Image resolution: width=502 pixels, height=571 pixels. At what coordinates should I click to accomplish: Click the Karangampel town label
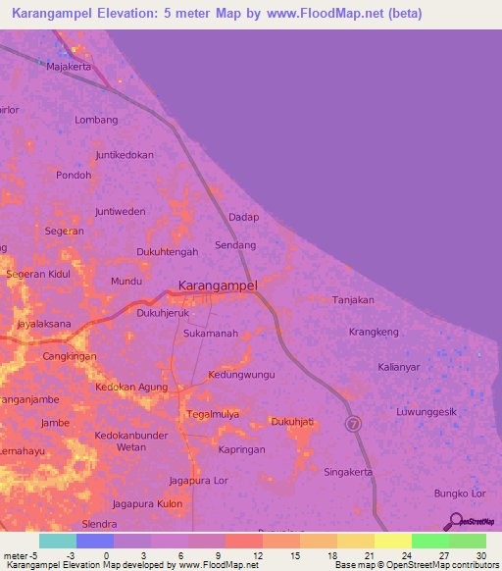[x=218, y=286]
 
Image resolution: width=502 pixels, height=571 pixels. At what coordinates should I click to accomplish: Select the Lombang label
[x=96, y=120]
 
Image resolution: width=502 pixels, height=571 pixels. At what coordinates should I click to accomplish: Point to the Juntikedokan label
[x=125, y=155]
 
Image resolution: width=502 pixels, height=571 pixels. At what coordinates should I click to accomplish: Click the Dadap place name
[x=243, y=217]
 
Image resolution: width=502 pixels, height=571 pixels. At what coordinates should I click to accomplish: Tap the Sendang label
[x=235, y=244]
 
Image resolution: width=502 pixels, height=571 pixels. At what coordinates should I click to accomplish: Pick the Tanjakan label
[x=353, y=300]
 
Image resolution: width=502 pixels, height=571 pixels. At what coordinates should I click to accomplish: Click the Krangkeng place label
[x=374, y=333]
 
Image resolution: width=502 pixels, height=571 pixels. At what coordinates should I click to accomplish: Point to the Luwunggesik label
[x=427, y=412]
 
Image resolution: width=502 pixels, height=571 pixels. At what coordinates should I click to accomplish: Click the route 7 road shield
[x=353, y=424]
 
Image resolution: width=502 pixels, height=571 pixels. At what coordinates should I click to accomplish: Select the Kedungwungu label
[x=242, y=375]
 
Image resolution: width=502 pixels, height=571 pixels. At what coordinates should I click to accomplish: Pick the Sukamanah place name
[x=211, y=334]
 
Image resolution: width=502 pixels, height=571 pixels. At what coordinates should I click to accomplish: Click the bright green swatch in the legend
[x=429, y=541]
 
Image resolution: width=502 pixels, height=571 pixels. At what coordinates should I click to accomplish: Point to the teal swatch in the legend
[x=58, y=541]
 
